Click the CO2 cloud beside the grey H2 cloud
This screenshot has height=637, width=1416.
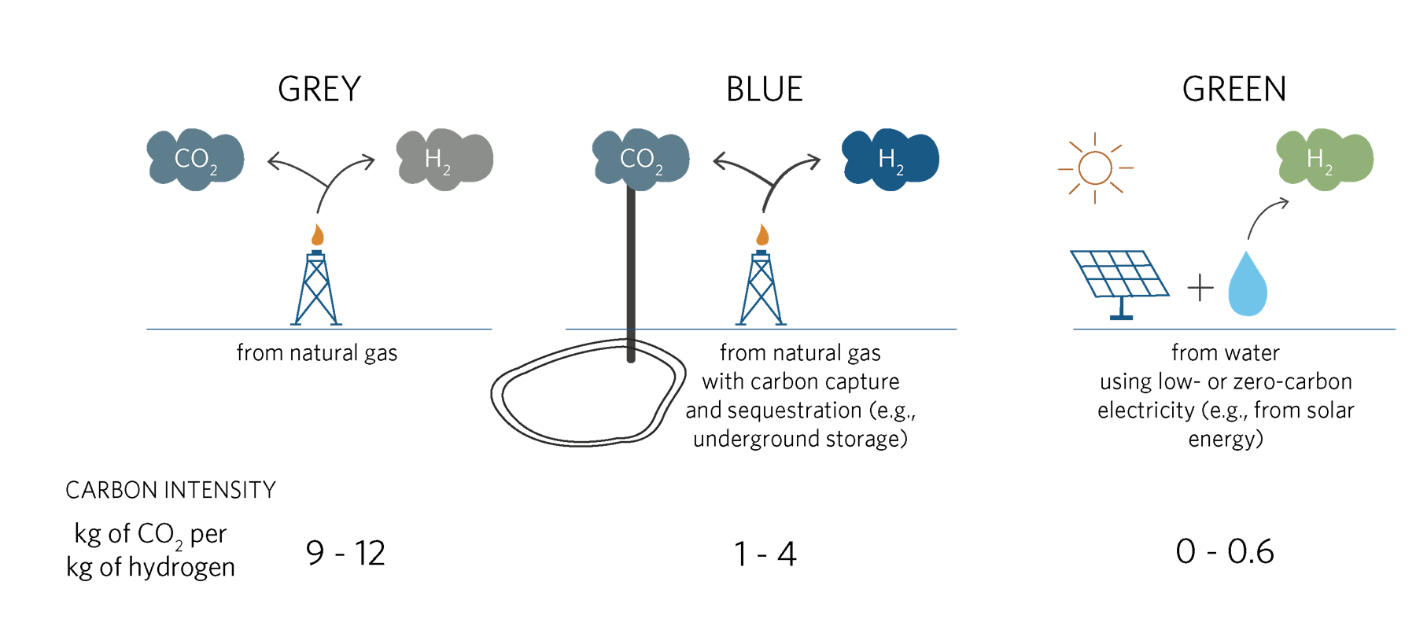195,159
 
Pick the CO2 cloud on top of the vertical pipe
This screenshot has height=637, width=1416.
640,159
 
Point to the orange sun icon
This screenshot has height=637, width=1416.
1095,168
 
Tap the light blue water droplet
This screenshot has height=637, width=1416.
1248,287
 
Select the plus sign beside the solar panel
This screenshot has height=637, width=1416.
1200,288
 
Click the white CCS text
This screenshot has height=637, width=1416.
797,415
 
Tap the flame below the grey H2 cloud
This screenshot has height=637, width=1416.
317,234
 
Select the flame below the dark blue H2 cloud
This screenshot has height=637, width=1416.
762,234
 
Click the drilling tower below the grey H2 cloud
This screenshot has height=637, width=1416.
316,289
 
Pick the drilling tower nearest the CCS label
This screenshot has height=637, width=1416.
761,289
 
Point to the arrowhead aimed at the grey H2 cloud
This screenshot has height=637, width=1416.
368,161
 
